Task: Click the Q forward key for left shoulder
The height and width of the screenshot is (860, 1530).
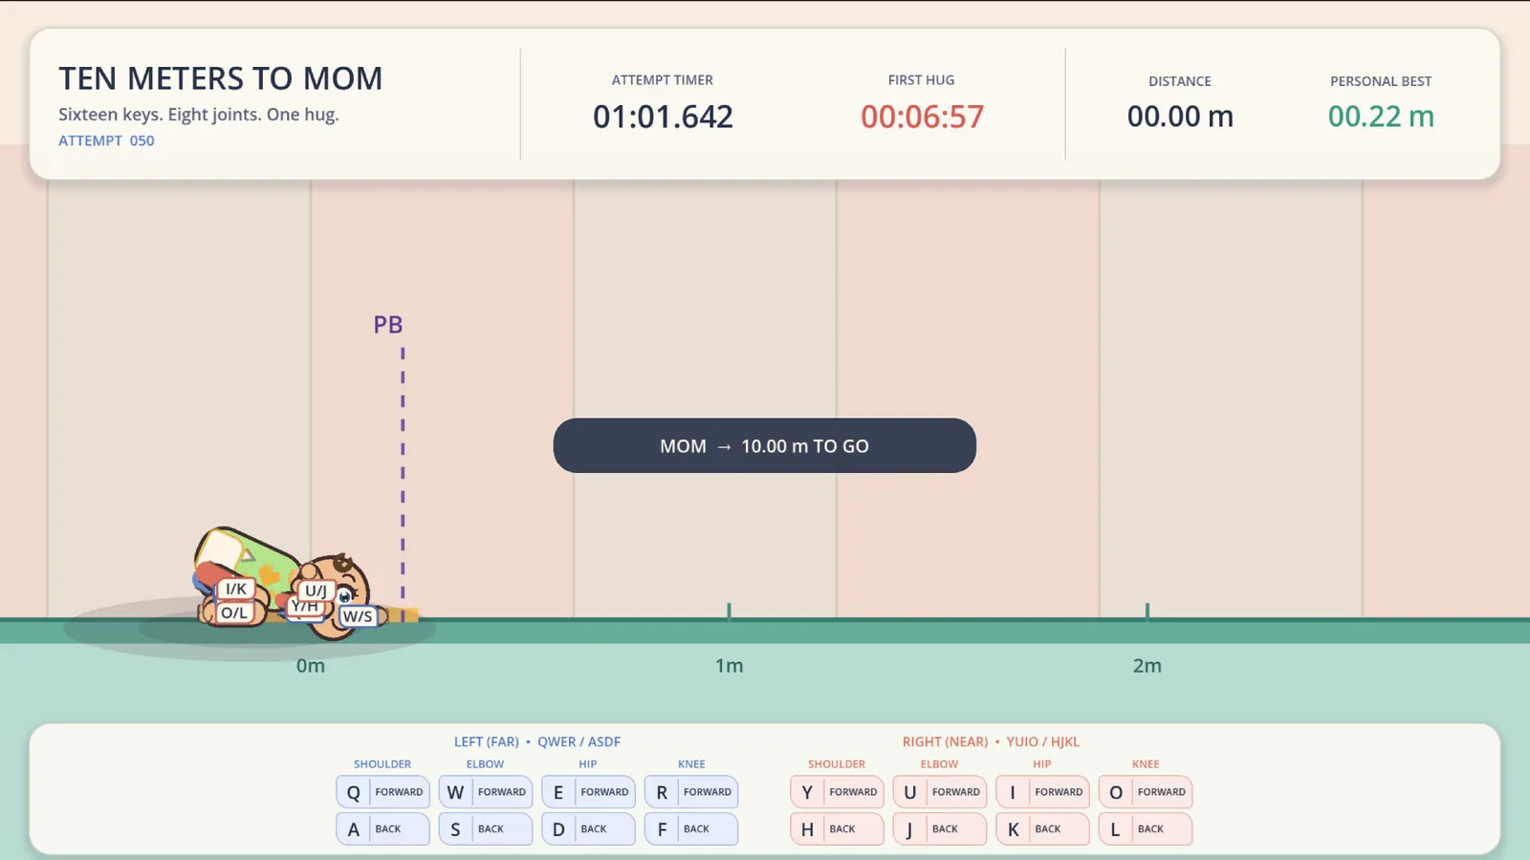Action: [382, 792]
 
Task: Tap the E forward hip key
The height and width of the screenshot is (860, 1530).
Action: [588, 792]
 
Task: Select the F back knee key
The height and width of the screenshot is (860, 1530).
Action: [691, 828]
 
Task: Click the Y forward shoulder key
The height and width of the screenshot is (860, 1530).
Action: [837, 792]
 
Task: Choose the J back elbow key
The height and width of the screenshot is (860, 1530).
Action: [940, 828]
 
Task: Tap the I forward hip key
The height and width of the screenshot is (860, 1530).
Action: [1042, 792]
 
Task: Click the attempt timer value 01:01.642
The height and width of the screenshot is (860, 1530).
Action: [663, 117]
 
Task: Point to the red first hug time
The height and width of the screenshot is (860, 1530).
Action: [922, 117]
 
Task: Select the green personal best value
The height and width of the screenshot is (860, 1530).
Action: [1381, 117]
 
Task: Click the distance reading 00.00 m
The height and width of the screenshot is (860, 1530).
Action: [1180, 117]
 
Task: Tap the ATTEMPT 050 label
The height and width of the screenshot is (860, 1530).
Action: [106, 140]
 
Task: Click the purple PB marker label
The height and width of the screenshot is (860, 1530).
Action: [388, 324]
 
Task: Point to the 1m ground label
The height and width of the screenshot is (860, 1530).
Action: [729, 665]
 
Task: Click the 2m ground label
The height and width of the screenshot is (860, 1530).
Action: [1147, 665]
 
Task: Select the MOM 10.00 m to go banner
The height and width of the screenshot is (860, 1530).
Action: [764, 445]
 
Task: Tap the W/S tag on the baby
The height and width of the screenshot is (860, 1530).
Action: [358, 616]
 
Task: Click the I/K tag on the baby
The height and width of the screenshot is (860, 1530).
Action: [235, 589]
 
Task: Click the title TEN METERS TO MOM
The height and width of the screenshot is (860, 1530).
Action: [221, 77]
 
